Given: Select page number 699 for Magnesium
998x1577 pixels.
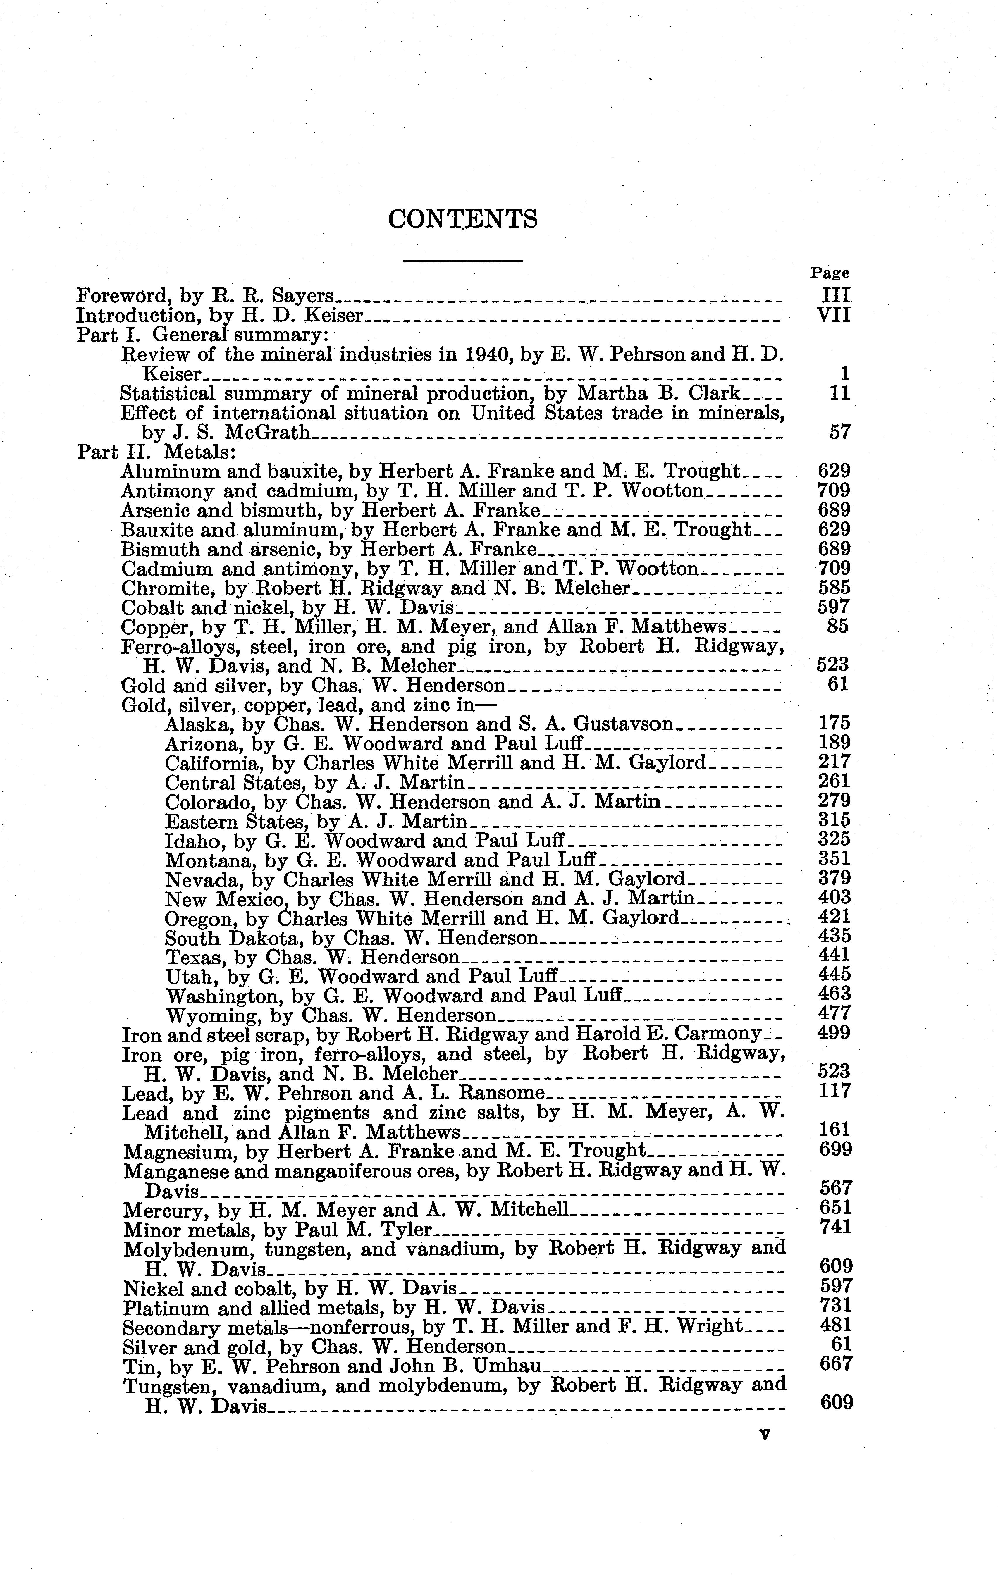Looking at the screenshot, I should point(836,1149).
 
